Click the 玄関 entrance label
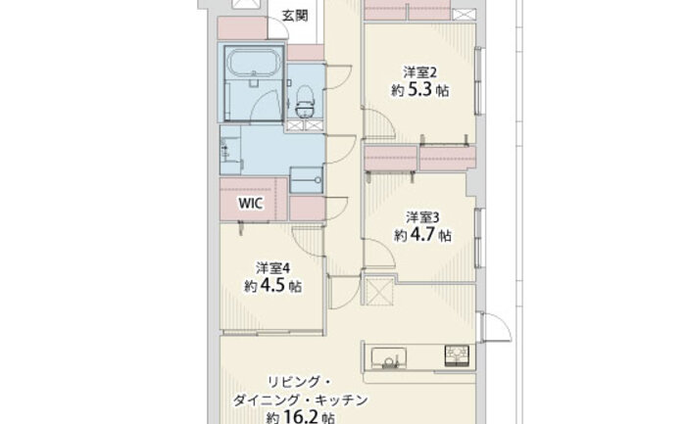coord(295,16)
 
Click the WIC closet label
coord(251,203)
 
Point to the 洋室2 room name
coord(420,71)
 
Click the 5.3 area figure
coord(420,90)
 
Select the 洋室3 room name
coord(422,216)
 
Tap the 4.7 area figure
coord(422,235)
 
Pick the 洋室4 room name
coord(273,267)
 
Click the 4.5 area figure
coord(272,286)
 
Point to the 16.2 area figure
coord(301,418)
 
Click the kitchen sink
coord(388,357)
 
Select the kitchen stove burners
coord(457,354)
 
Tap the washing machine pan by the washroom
coord(306,179)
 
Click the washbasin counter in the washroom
coord(230,150)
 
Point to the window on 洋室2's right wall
coord(479,81)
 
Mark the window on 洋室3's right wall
coord(479,238)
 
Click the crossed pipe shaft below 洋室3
coord(379,290)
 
